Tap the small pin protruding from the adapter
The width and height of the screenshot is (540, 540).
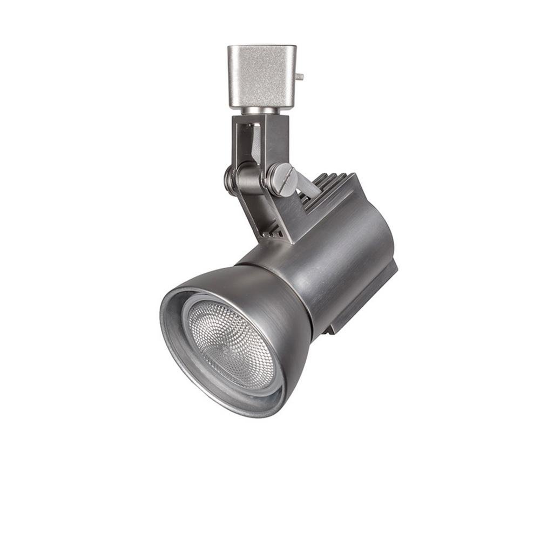(x=300, y=77)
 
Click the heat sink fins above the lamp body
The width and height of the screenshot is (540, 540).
(x=327, y=186)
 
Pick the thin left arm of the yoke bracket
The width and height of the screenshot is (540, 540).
(x=238, y=140)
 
